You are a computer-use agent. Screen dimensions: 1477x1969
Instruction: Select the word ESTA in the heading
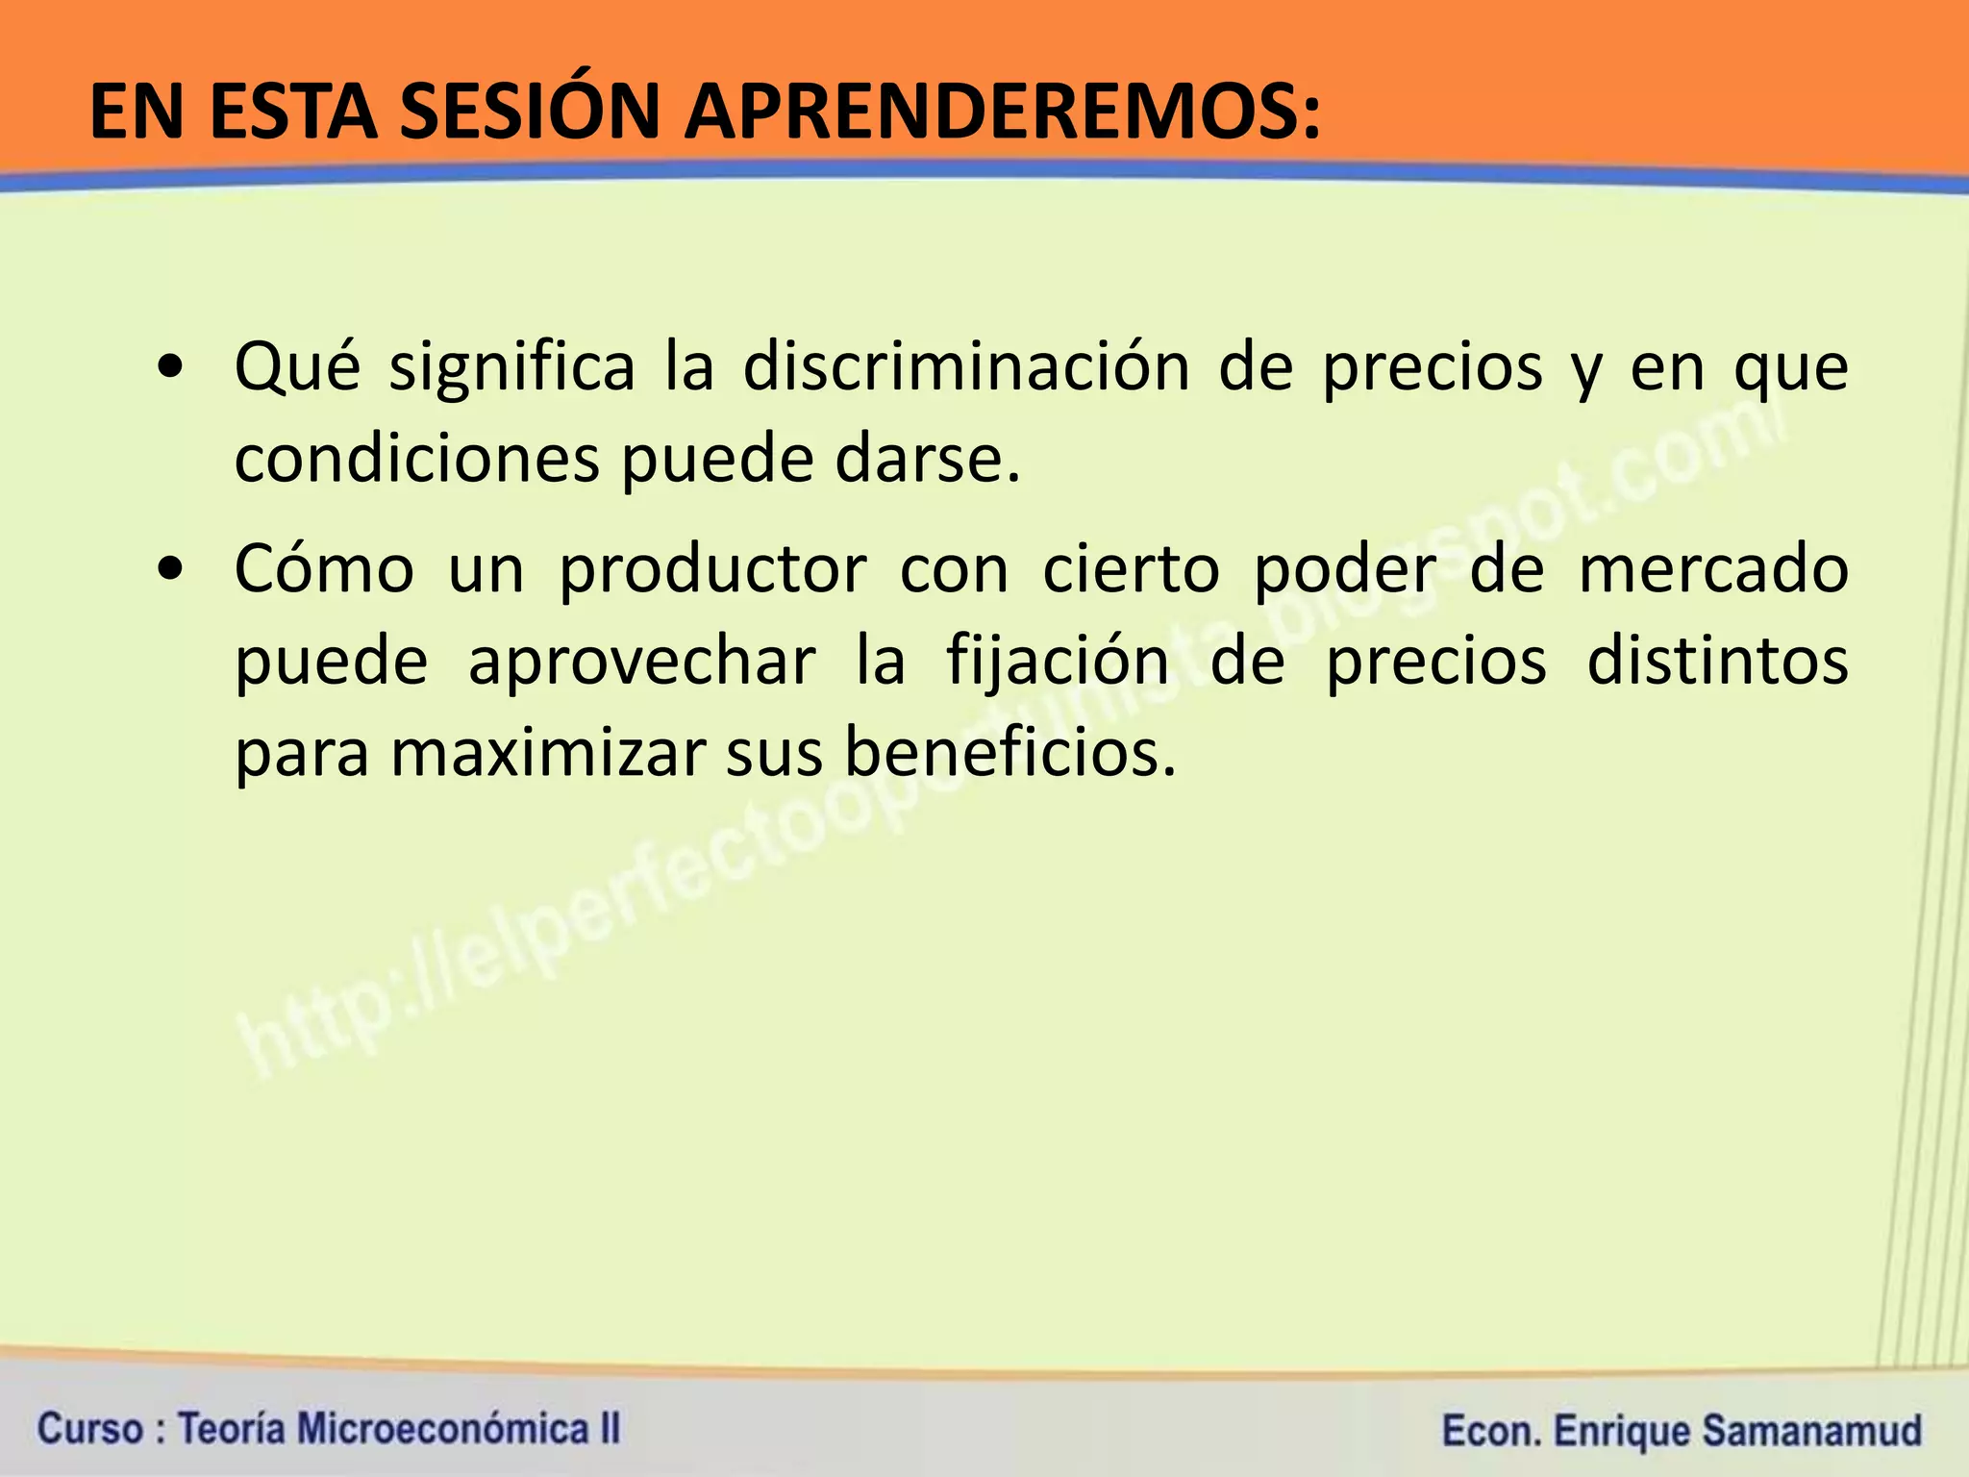292,113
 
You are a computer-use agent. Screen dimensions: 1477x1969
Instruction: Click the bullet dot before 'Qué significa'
171,368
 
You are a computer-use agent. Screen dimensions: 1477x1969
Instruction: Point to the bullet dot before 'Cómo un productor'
171,570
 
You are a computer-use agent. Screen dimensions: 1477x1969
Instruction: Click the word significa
511,368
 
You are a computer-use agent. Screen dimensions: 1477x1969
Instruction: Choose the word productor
712,571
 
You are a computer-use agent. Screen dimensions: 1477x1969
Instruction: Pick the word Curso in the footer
89,1428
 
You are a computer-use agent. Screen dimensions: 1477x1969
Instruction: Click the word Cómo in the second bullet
324,569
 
